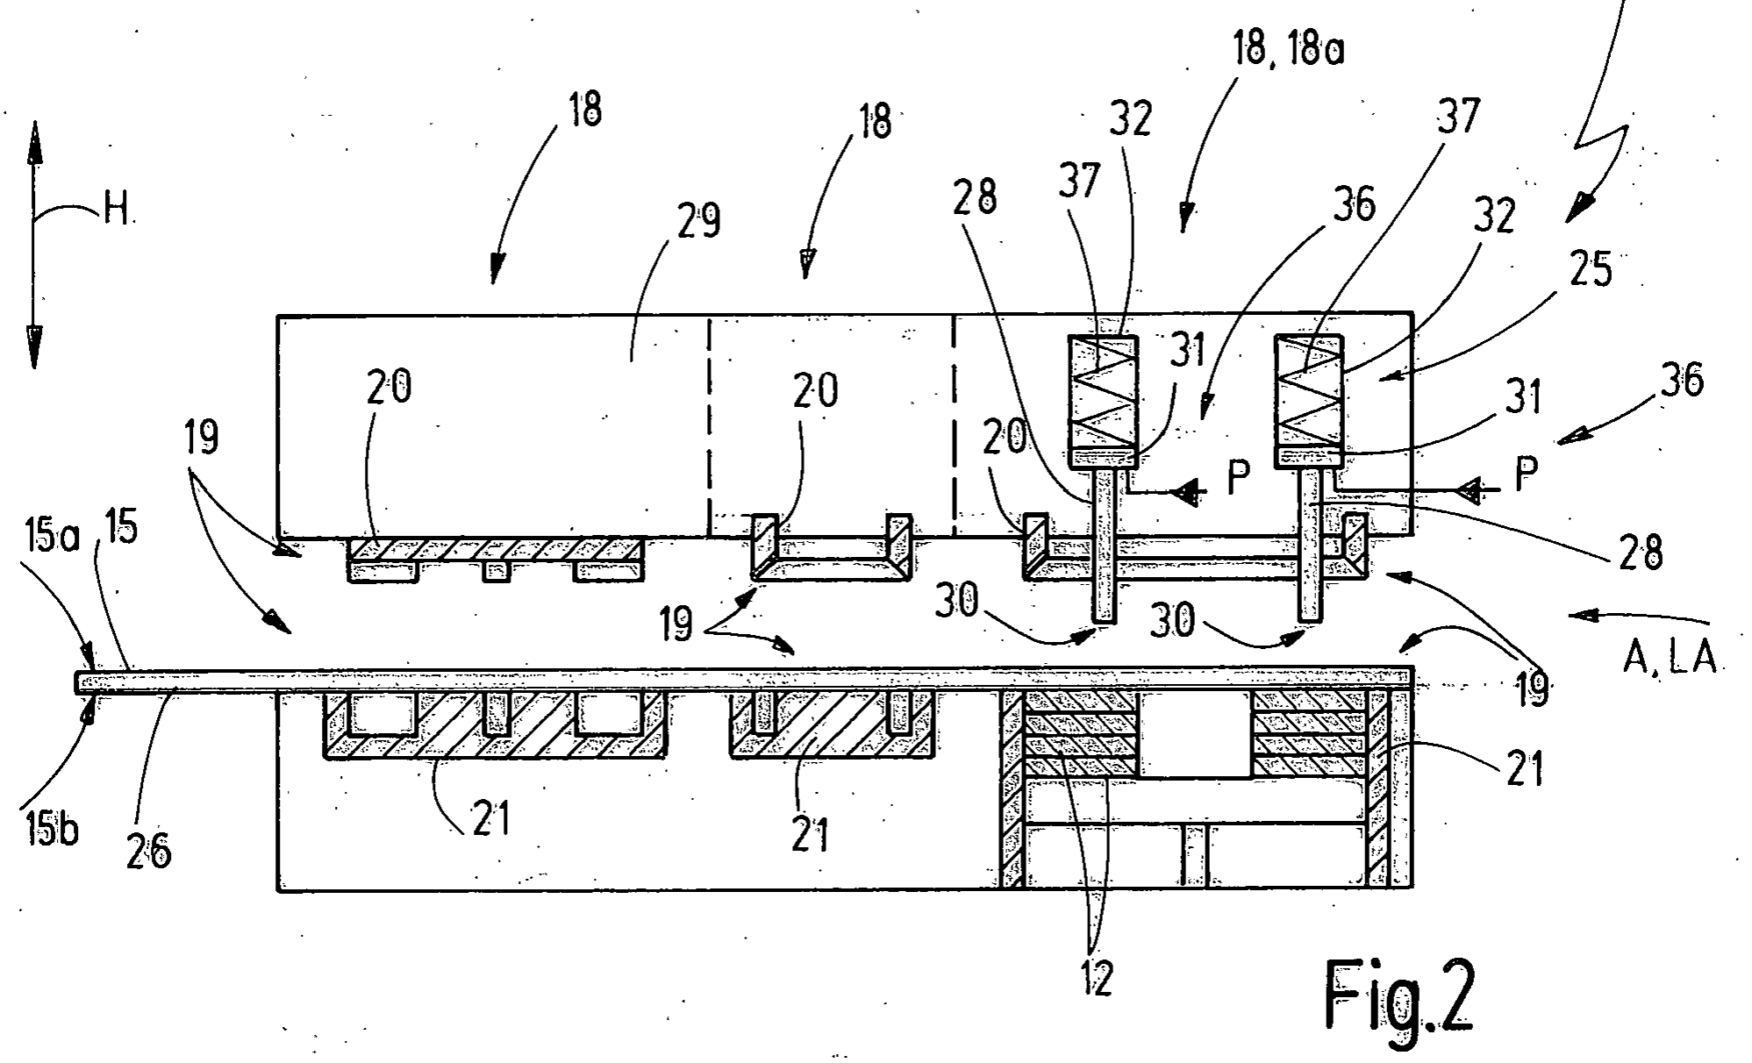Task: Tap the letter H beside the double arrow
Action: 114,210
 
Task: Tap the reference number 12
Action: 1097,976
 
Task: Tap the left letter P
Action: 1237,480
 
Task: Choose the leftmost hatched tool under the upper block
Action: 497,559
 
